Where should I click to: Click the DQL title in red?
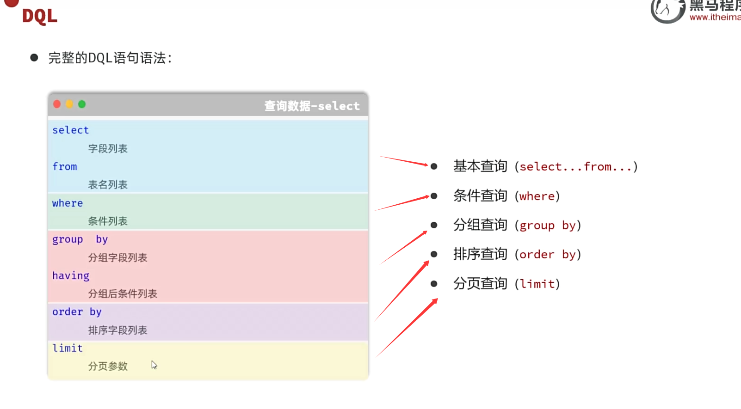coord(40,17)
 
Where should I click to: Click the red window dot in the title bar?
coord(57,104)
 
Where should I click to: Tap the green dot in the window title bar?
coord(82,104)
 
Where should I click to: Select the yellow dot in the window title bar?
coord(69,104)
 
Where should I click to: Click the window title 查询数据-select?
coord(312,106)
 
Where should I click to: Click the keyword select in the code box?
coord(70,130)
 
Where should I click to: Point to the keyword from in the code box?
coord(65,166)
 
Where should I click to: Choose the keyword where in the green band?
coord(68,203)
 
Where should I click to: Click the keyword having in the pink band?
coord(71,276)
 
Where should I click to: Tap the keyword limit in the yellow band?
coord(68,348)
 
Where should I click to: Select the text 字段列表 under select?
coord(108,149)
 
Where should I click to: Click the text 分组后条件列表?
coord(123,294)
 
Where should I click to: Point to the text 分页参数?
coord(108,366)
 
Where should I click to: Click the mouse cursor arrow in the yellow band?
coord(154,365)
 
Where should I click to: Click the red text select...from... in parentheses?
coord(575,167)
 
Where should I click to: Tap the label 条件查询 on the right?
coord(480,196)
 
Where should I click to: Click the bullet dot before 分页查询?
coord(434,284)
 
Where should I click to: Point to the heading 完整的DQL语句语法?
coord(110,58)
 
